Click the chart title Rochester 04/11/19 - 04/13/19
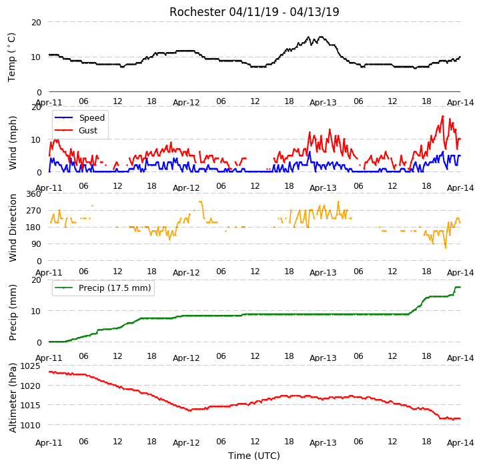254,12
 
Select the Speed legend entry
79,117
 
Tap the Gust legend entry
76,130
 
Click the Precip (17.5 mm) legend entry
103,288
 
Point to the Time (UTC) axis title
254,456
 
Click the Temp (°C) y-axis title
11,57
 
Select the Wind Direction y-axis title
13,227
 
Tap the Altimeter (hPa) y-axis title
13,398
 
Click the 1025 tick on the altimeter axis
30,366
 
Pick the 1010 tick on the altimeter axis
30,425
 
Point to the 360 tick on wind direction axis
34,194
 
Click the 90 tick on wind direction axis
36,244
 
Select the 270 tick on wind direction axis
34,211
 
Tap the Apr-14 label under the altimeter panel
460,443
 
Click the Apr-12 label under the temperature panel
186,103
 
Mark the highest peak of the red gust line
443,116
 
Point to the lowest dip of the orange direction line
446,248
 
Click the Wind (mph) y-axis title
13,143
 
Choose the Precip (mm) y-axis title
13,312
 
